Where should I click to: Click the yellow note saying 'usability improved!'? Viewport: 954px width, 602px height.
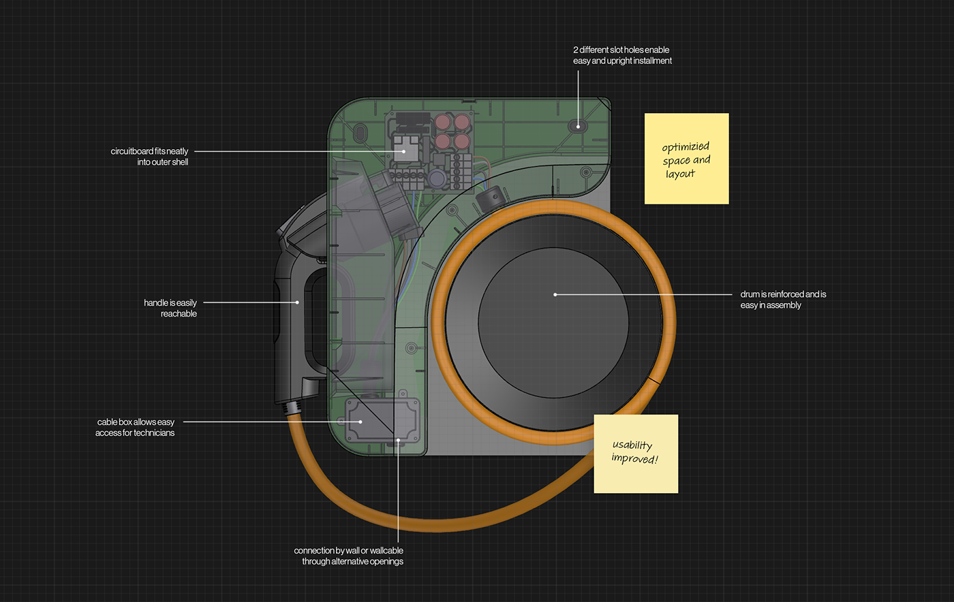click(x=636, y=454)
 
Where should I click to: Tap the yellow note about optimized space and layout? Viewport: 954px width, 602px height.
click(x=686, y=159)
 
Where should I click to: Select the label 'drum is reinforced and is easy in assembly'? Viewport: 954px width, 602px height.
click(x=783, y=300)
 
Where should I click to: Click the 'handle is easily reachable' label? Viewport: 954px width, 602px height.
click(x=170, y=308)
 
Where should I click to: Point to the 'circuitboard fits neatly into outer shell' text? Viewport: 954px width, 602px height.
click(x=149, y=157)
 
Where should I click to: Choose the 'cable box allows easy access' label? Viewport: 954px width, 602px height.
click(x=135, y=427)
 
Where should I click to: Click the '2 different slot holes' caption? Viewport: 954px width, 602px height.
click(x=622, y=55)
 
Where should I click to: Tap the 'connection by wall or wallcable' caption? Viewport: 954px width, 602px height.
click(x=349, y=556)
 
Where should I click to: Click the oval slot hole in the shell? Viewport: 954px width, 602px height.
click(x=578, y=125)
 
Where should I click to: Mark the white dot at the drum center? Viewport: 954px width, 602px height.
click(x=555, y=295)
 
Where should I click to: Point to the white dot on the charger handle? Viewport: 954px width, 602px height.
click(x=297, y=302)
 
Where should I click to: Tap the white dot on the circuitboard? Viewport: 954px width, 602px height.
click(x=405, y=151)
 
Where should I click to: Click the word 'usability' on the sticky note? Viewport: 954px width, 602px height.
click(x=632, y=445)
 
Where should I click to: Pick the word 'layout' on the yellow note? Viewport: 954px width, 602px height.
click(x=680, y=174)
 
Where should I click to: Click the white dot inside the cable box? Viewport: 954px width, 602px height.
click(x=360, y=422)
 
